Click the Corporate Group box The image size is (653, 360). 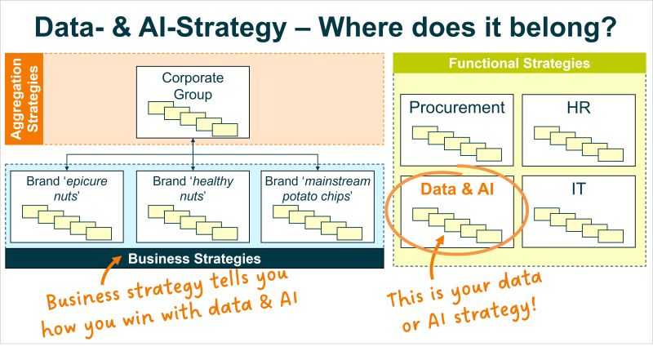click(x=192, y=101)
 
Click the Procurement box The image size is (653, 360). click(x=456, y=129)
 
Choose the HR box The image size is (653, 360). click(x=578, y=129)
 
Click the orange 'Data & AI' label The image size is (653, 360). click(x=456, y=188)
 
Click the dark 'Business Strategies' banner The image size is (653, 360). click(x=194, y=259)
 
